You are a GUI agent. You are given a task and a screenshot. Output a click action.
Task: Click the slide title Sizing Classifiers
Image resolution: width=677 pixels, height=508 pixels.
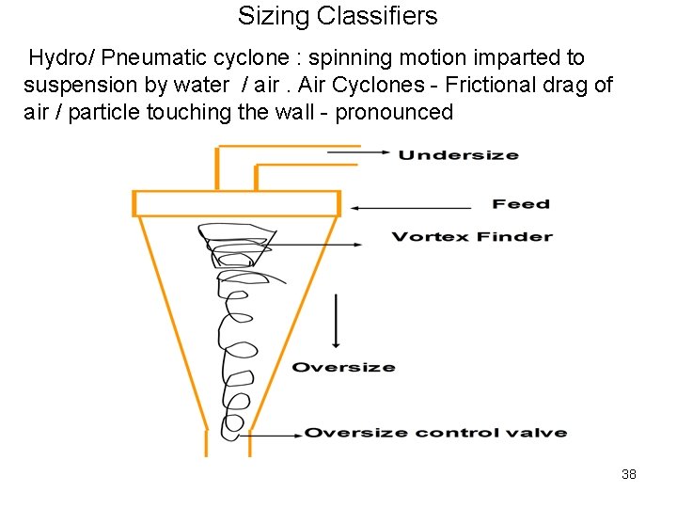[338, 16]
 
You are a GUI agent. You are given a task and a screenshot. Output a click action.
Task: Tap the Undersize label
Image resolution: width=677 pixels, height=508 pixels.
[458, 155]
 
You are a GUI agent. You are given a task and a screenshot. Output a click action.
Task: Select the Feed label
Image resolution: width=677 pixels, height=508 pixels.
[520, 204]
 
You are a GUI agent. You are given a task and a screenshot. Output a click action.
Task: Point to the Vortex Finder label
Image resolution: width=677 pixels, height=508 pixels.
[471, 236]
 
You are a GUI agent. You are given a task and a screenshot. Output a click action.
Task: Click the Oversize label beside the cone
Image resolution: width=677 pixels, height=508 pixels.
[343, 367]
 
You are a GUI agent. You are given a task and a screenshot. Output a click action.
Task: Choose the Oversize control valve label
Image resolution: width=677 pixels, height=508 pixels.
[435, 433]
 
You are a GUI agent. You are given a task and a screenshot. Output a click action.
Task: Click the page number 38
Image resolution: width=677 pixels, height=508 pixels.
[629, 474]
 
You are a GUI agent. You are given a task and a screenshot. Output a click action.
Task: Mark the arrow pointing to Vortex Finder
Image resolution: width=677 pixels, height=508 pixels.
[310, 245]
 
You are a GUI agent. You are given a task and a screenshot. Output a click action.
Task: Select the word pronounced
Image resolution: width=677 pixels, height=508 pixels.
[394, 113]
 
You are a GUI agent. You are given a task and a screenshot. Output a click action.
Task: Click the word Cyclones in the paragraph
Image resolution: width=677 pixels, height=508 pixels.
[386, 86]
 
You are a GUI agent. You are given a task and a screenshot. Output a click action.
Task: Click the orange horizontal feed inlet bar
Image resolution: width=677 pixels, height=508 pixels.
[236, 203]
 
